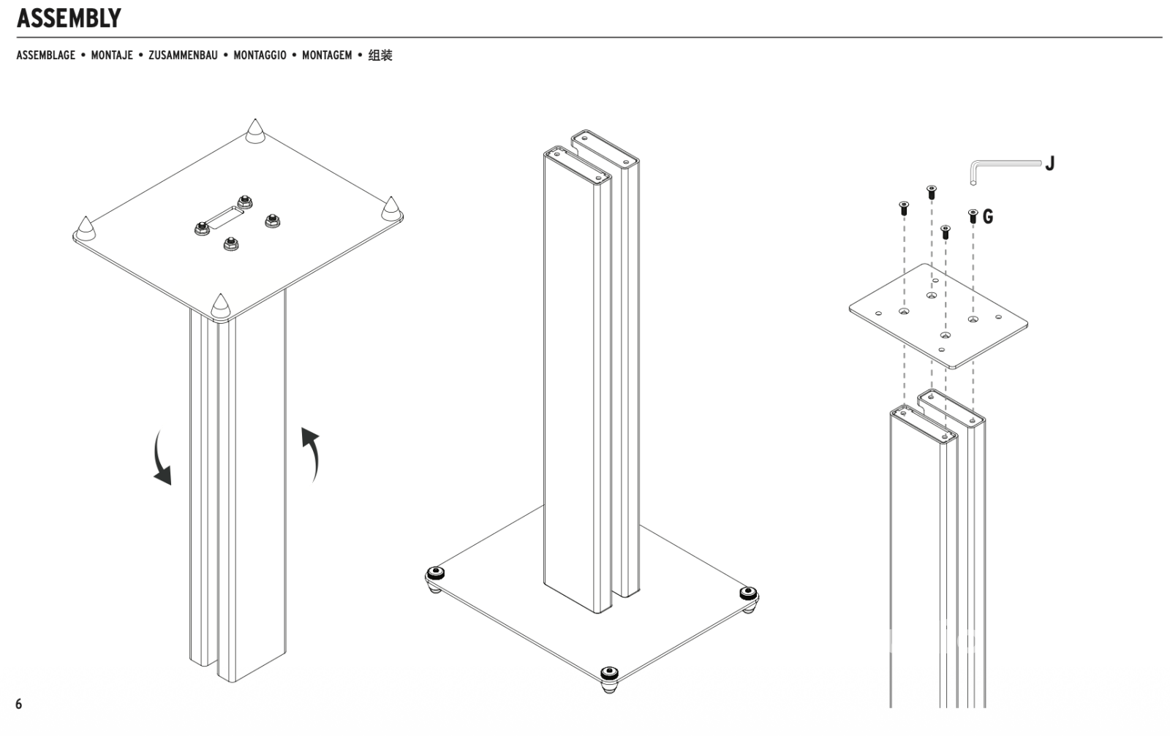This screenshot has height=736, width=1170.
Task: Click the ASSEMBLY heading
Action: point(69,18)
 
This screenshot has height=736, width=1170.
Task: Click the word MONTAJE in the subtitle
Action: point(112,56)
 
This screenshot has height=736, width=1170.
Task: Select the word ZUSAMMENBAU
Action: point(183,56)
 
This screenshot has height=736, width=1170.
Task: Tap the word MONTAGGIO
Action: point(260,56)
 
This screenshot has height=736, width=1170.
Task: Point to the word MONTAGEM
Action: point(327,56)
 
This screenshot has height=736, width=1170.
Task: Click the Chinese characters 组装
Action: point(380,56)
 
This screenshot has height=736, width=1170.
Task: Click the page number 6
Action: point(19,704)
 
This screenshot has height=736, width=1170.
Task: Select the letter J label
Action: point(1049,163)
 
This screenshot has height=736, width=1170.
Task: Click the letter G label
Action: point(988,216)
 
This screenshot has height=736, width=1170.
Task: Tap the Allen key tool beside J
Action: point(1002,167)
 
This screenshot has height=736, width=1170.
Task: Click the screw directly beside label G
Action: point(973,216)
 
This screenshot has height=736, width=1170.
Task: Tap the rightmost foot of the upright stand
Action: point(748,596)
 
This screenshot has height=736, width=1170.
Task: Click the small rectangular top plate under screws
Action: point(938,316)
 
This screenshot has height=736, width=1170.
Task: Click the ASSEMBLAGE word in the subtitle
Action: point(45,56)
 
